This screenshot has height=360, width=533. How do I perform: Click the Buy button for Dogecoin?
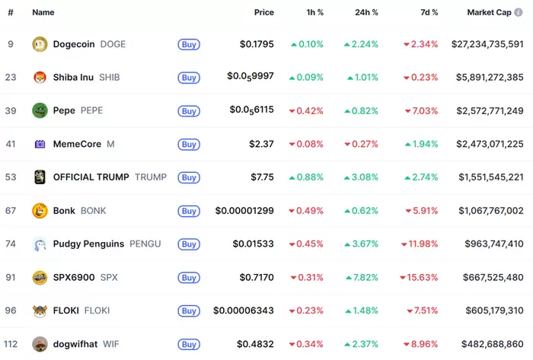[189, 44]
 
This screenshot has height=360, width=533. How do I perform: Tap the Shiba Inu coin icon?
[40, 78]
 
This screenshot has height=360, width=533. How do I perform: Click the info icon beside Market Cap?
[519, 13]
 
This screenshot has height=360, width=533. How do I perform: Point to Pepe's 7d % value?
[421, 110]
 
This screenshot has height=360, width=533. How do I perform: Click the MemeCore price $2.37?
[261, 144]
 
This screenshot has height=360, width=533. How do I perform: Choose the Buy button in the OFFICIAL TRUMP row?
[189, 177]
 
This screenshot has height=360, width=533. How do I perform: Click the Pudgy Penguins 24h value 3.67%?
[362, 244]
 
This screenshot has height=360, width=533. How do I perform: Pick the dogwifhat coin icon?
[40, 344]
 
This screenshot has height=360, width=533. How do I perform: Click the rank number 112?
[11, 344]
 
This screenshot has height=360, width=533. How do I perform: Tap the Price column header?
[263, 13]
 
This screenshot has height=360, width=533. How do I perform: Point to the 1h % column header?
[313, 13]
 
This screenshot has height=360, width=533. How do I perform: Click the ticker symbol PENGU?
[145, 244]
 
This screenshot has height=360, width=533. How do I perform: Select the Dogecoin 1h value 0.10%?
[307, 44]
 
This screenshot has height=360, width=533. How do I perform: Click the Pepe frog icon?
[40, 111]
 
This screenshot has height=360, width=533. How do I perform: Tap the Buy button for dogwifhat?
[189, 344]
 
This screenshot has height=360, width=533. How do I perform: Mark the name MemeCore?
[78, 144]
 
